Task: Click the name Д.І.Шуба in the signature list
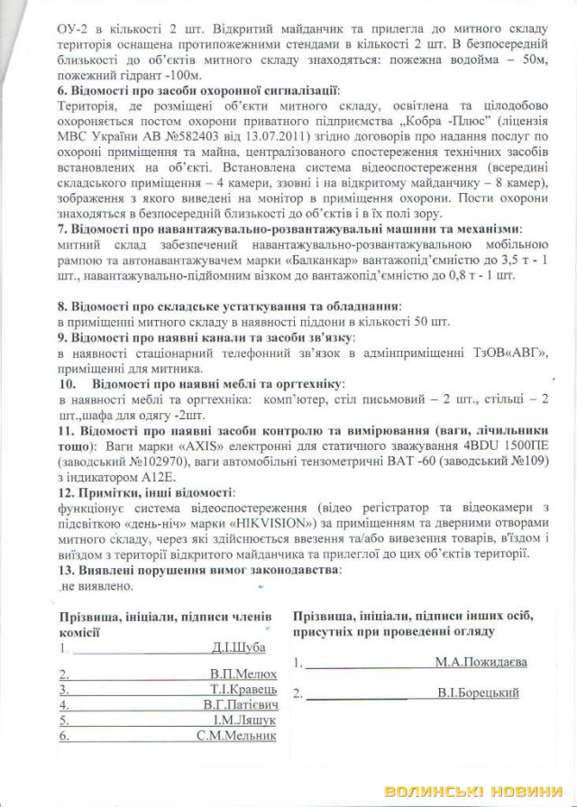[x=235, y=647]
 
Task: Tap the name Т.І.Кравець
[x=243, y=689]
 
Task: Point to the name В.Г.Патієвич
[x=242, y=704]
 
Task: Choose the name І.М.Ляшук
[x=248, y=720]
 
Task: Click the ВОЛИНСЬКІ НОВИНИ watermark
[x=475, y=791]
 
